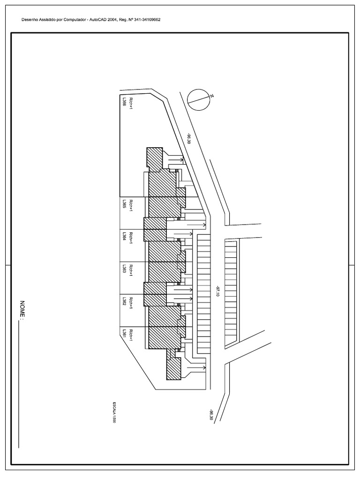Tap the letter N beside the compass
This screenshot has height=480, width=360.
pos(212,97)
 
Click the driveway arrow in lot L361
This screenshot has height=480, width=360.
pos(196,368)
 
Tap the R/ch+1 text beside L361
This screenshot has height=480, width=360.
pos(132,334)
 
